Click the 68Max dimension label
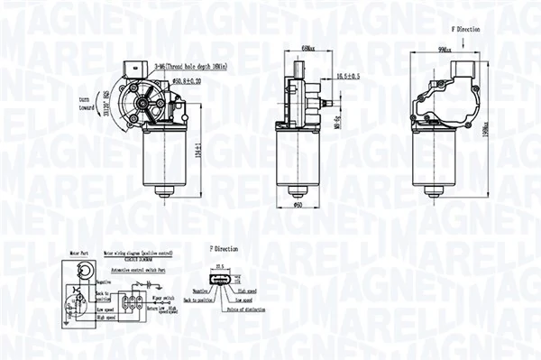point(307,48)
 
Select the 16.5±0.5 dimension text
point(347,77)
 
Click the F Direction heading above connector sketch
point(224,246)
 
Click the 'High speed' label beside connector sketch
point(248,291)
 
